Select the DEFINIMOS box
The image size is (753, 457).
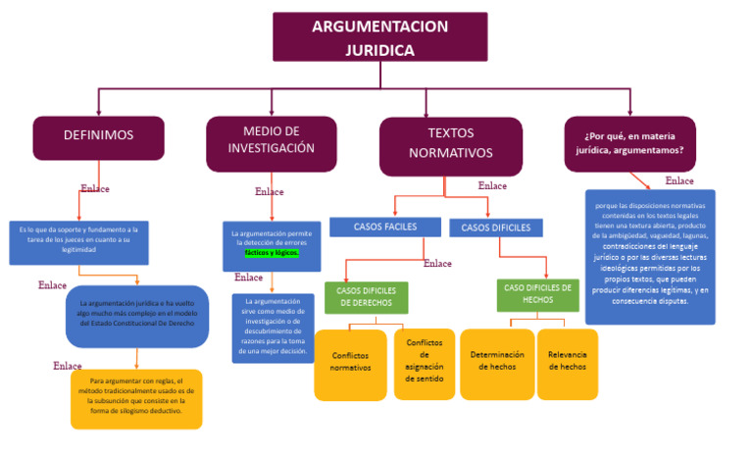(98, 136)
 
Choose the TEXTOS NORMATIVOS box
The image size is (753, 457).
(450, 144)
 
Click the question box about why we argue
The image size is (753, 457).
(629, 143)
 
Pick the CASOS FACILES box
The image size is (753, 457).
(385, 227)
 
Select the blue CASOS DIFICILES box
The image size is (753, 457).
(495, 228)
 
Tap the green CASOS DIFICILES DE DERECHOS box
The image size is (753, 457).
(366, 297)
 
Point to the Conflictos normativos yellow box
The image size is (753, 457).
(350, 363)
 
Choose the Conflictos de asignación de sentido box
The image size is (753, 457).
(425, 361)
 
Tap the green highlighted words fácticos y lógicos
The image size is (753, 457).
(272, 252)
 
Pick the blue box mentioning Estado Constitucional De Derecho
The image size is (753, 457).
(136, 316)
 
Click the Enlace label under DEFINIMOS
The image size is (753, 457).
(95, 189)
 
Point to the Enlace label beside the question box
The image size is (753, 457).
(679, 180)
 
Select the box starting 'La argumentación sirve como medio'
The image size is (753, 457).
(273, 328)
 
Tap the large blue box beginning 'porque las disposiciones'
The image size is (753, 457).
(649, 255)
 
